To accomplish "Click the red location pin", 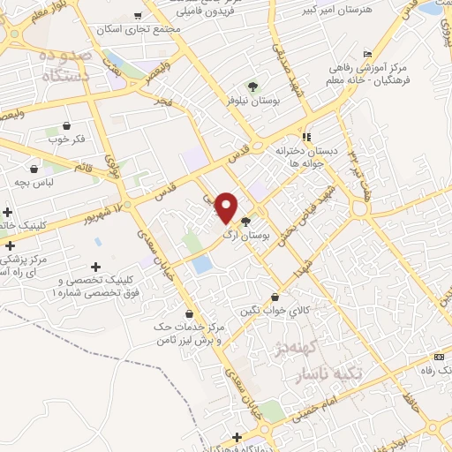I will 227,206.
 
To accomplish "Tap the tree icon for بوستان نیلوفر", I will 253,87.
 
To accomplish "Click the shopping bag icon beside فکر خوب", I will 67,125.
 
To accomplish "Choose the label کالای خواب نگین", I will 275,311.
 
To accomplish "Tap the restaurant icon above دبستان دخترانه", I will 306,137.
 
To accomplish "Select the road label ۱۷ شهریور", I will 89,213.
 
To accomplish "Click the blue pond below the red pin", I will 202,263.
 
